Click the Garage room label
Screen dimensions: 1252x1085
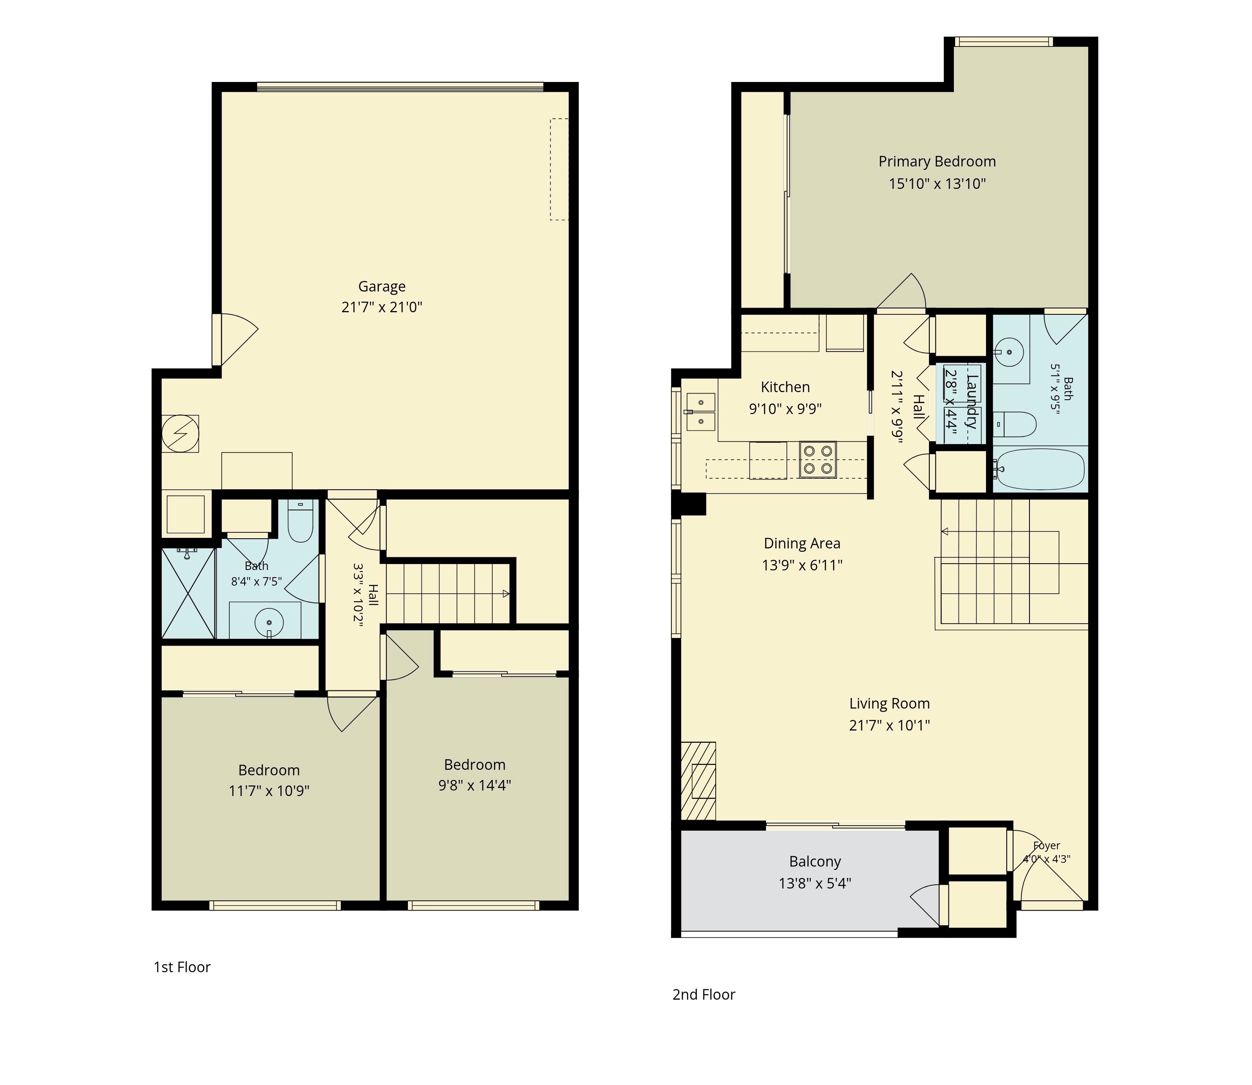pyautogui.click(x=382, y=286)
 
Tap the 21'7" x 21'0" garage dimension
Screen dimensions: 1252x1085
pyautogui.click(x=382, y=307)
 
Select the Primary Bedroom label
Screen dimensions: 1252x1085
pyautogui.click(x=937, y=162)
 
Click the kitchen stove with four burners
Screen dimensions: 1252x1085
pyautogui.click(x=818, y=460)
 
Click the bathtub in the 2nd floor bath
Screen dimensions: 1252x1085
pyautogui.click(x=1039, y=469)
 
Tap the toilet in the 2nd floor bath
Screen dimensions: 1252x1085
pyautogui.click(x=1015, y=425)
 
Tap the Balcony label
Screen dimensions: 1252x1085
pyautogui.click(x=815, y=861)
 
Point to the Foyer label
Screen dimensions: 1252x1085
pyautogui.click(x=1046, y=845)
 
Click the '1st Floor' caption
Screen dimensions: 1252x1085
pyautogui.click(x=182, y=967)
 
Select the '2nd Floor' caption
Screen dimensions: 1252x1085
pyautogui.click(x=704, y=994)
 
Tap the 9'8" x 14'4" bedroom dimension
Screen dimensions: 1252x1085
pyautogui.click(x=475, y=785)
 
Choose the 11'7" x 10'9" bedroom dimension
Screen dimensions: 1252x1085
pyautogui.click(x=269, y=791)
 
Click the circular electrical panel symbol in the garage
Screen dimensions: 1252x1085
pyautogui.click(x=180, y=433)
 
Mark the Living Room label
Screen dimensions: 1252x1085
pyautogui.click(x=890, y=703)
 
